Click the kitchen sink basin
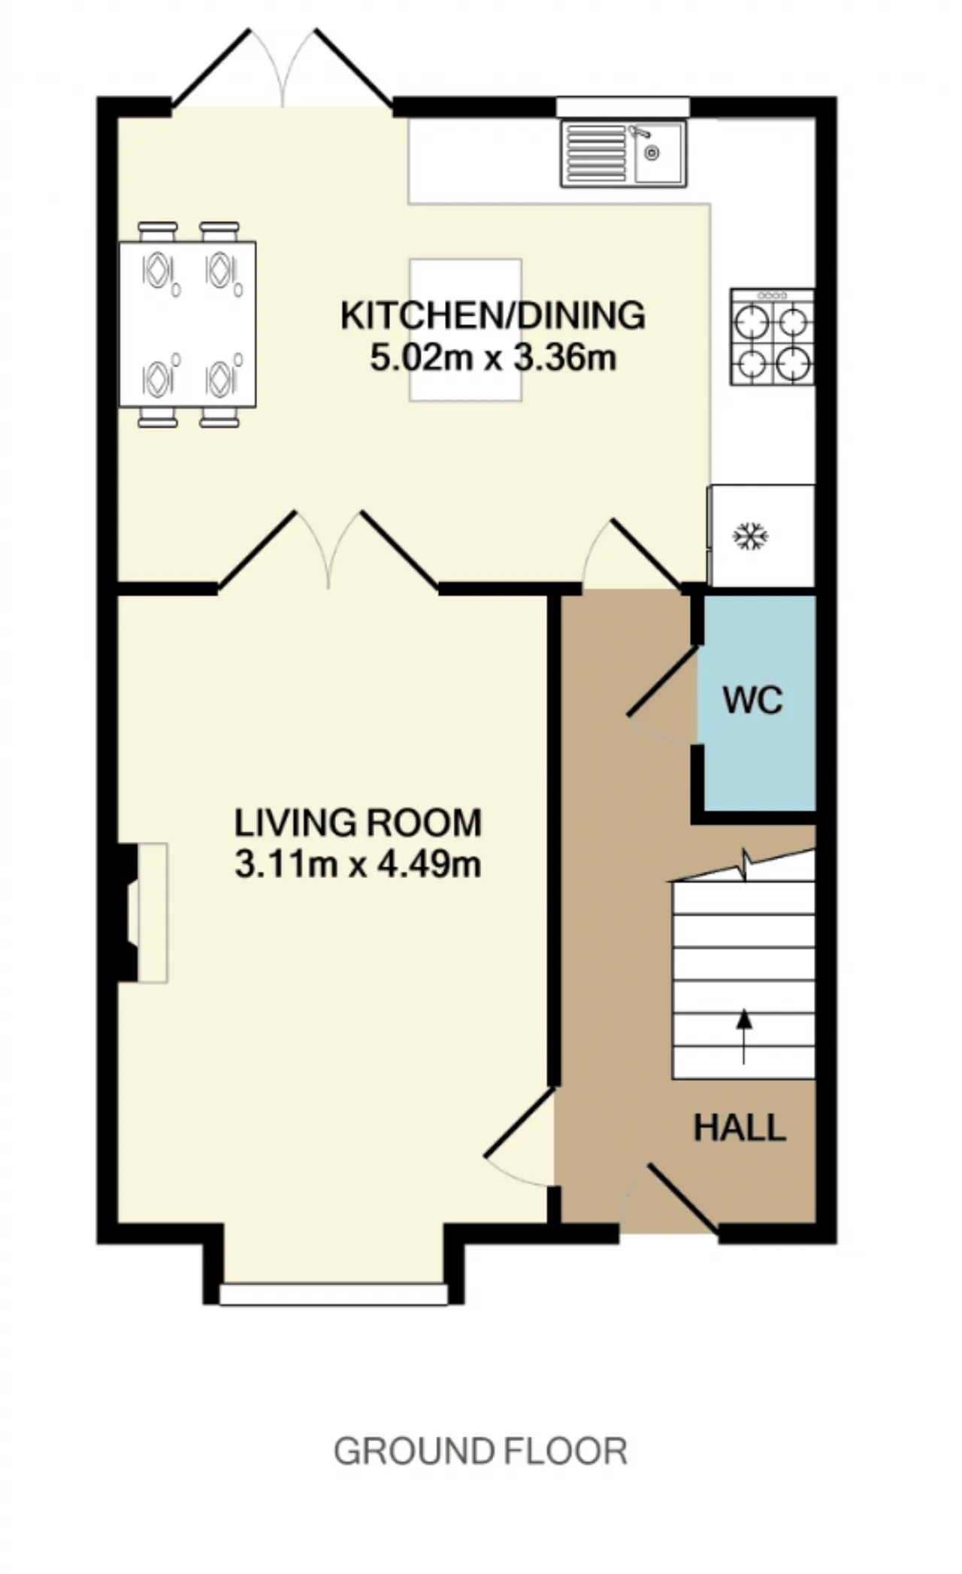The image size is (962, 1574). click(x=658, y=153)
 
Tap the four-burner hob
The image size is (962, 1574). click(x=772, y=337)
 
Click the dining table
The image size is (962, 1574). click(x=188, y=324)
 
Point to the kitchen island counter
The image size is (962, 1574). click(x=465, y=329)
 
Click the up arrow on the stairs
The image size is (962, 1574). click(x=744, y=1037)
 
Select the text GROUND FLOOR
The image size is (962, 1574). click(x=480, y=1451)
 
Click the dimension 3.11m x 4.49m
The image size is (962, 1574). click(x=358, y=864)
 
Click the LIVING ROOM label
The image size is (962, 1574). click(x=358, y=823)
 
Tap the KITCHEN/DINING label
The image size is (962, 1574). click(x=493, y=316)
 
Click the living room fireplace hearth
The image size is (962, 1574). click(x=153, y=913)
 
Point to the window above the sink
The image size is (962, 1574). click(x=623, y=107)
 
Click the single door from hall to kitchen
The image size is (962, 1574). click(x=646, y=553)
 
